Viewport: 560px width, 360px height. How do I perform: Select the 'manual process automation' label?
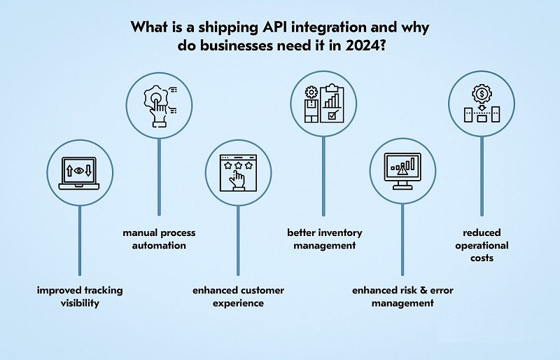[x=160, y=239]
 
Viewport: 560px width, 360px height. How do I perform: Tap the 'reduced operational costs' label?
[x=482, y=245]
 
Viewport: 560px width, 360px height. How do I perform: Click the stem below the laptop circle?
[x=79, y=238]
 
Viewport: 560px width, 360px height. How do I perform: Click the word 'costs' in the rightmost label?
[x=482, y=258]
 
